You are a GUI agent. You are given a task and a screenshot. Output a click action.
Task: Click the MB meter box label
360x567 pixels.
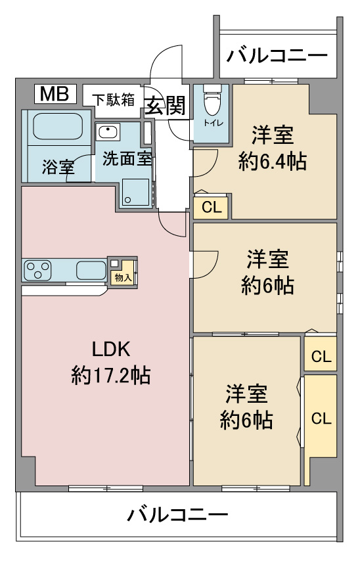click(55, 94)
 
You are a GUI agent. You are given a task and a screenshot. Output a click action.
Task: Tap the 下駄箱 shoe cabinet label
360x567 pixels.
click(113, 99)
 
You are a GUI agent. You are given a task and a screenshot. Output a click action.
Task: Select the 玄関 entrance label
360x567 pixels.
click(166, 106)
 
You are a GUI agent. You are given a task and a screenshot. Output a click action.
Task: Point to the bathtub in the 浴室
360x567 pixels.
click(58, 127)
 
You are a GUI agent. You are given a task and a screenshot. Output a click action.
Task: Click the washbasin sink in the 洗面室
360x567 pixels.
click(108, 131)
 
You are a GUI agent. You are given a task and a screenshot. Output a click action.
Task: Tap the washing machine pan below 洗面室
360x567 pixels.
click(135, 192)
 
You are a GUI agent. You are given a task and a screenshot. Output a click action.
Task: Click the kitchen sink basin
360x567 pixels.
click(91, 270)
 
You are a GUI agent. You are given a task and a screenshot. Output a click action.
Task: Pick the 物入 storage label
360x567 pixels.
click(123, 277)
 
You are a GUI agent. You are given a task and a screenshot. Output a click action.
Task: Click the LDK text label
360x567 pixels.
click(110, 350)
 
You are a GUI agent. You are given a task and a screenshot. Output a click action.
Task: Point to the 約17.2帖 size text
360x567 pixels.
click(110, 375)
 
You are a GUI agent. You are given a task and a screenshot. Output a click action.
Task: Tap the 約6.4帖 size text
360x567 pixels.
click(273, 162)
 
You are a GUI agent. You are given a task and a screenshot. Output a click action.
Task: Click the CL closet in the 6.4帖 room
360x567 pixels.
click(211, 207)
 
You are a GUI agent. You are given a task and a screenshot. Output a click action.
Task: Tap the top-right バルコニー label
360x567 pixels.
click(277, 56)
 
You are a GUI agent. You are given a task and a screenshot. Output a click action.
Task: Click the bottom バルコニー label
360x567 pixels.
click(177, 514)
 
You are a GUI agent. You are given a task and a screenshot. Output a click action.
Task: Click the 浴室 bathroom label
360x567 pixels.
click(58, 167)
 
